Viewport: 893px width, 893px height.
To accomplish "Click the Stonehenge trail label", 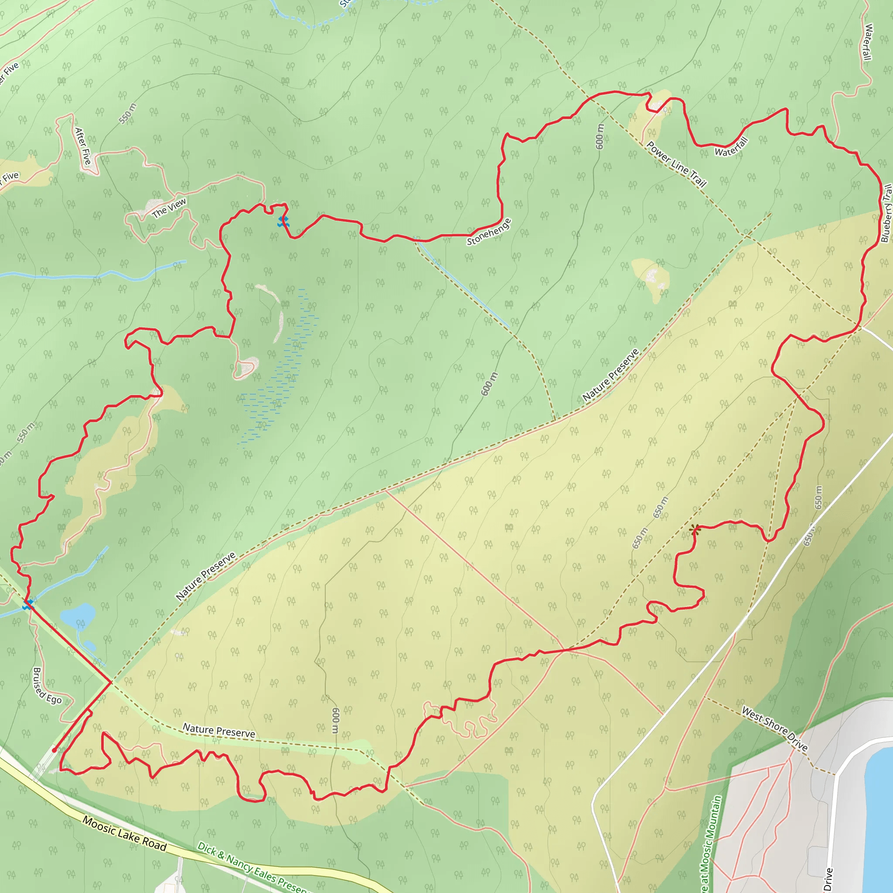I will (489, 232).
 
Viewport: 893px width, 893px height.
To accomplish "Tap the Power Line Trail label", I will (676, 164).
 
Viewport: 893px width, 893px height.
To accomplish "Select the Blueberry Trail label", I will (886, 213).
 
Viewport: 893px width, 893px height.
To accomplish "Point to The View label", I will (169, 208).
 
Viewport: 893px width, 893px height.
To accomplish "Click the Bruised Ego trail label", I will (47, 686).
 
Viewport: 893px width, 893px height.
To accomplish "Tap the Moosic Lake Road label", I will (124, 833).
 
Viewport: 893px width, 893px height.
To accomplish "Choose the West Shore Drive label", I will (775, 729).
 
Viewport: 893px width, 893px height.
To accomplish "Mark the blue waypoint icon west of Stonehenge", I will (283, 222).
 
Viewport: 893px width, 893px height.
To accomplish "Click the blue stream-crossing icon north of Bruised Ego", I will (28, 604).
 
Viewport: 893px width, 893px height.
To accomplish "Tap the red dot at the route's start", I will (55, 750).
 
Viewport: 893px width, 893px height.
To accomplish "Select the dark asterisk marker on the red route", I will (694, 530).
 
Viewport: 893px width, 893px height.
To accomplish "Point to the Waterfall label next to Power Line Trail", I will (731, 147).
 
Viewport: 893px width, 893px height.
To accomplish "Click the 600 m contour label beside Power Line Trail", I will (600, 137).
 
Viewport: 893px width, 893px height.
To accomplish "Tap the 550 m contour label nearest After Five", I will (128, 114).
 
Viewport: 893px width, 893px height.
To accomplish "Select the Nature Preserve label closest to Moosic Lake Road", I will (218, 730).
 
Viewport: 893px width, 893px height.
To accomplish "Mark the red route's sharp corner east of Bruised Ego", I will (111, 682).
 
